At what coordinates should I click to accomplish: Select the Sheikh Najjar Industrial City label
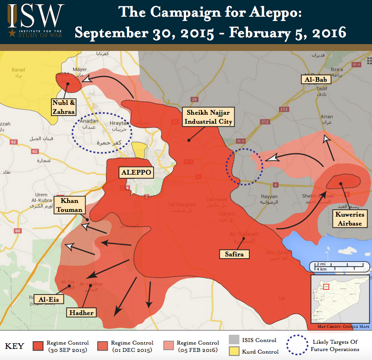click(208, 117)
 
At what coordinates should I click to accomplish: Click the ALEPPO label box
click(136, 172)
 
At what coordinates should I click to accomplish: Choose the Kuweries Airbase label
click(348, 219)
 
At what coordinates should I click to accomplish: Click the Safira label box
click(234, 254)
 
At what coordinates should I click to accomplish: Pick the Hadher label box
click(81, 312)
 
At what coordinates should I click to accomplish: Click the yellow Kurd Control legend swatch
click(234, 351)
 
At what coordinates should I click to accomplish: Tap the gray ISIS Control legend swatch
click(234, 340)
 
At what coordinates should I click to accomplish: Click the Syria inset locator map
click(340, 298)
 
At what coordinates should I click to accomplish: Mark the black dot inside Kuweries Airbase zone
click(341, 184)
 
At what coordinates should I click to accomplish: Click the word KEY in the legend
click(14, 346)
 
